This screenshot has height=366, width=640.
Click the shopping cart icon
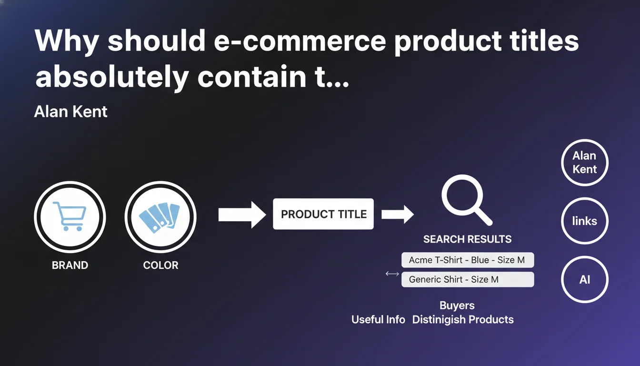tap(70, 216)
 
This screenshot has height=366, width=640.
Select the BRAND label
tap(70, 265)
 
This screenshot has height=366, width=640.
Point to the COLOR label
tap(160, 265)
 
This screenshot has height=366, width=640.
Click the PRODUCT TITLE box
tap(323, 214)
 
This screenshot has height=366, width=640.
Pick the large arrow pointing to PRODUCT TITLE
tap(242, 215)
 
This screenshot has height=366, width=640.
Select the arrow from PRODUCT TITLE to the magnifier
tap(398, 214)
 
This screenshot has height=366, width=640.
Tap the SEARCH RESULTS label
tap(468, 239)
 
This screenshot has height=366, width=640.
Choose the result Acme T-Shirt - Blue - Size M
tap(468, 260)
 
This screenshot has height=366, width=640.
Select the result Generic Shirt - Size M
tap(468, 279)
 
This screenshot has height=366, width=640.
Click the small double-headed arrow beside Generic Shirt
tap(392, 274)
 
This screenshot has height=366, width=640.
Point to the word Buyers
tap(457, 305)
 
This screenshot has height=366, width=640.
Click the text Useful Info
tap(378, 320)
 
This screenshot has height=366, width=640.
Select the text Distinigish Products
tap(463, 320)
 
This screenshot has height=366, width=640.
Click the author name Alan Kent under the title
tap(70, 112)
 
